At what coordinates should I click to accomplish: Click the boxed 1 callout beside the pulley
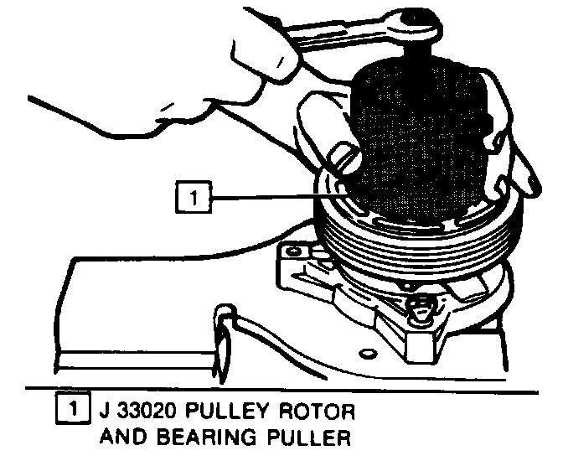point(192,199)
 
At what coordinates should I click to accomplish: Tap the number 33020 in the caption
point(143,412)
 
